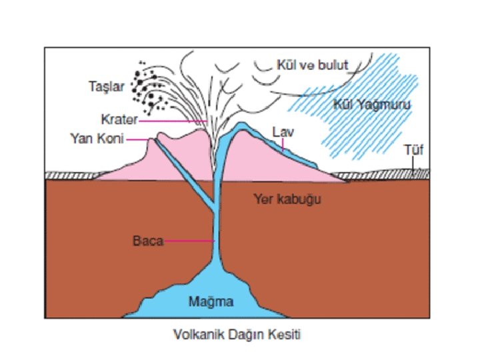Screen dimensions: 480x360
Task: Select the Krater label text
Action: (119, 121)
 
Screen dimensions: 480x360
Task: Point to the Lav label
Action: (283, 133)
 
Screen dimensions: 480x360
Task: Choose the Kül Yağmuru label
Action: (371, 105)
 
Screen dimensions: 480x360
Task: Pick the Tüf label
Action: (413, 150)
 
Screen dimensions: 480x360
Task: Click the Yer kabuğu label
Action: (283, 199)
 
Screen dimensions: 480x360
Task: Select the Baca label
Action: (147, 241)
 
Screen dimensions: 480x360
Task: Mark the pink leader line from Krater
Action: (173, 121)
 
